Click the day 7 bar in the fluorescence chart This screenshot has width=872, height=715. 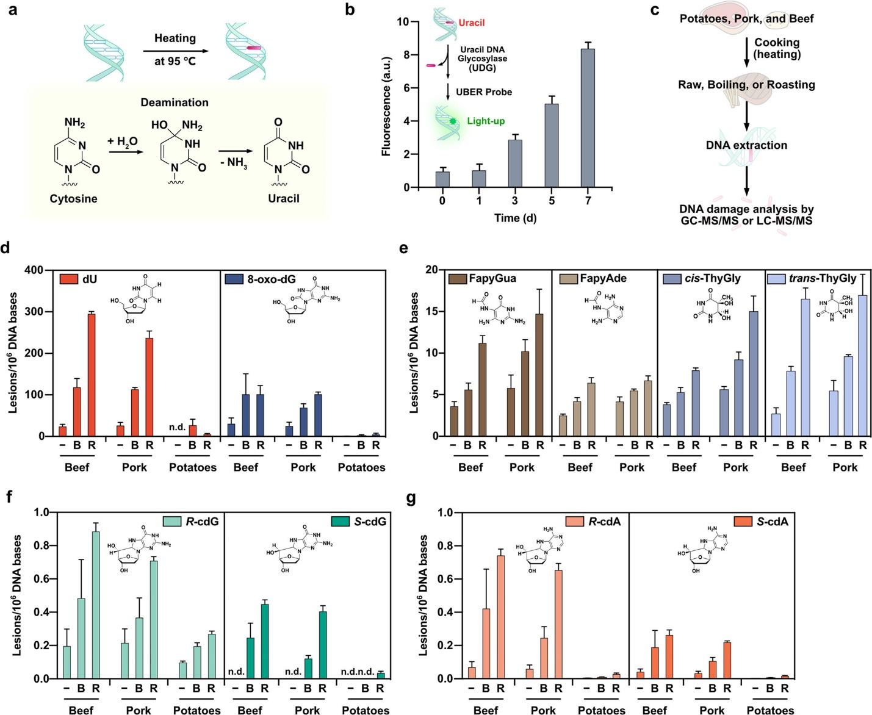click(x=588, y=118)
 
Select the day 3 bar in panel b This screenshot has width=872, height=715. click(x=515, y=163)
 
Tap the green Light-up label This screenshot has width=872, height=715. click(x=486, y=121)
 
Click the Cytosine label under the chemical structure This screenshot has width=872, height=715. click(x=74, y=198)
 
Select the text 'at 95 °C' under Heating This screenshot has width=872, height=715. click(x=175, y=61)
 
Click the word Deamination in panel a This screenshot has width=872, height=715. click(x=175, y=102)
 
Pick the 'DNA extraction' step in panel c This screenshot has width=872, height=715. click(x=746, y=145)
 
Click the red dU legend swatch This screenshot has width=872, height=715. click(x=67, y=279)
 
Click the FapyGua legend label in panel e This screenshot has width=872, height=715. click(x=492, y=279)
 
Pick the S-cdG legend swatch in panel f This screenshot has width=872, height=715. click(x=339, y=522)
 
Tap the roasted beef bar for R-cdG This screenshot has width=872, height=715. click(x=95, y=605)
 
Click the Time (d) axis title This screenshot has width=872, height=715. click(x=515, y=218)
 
